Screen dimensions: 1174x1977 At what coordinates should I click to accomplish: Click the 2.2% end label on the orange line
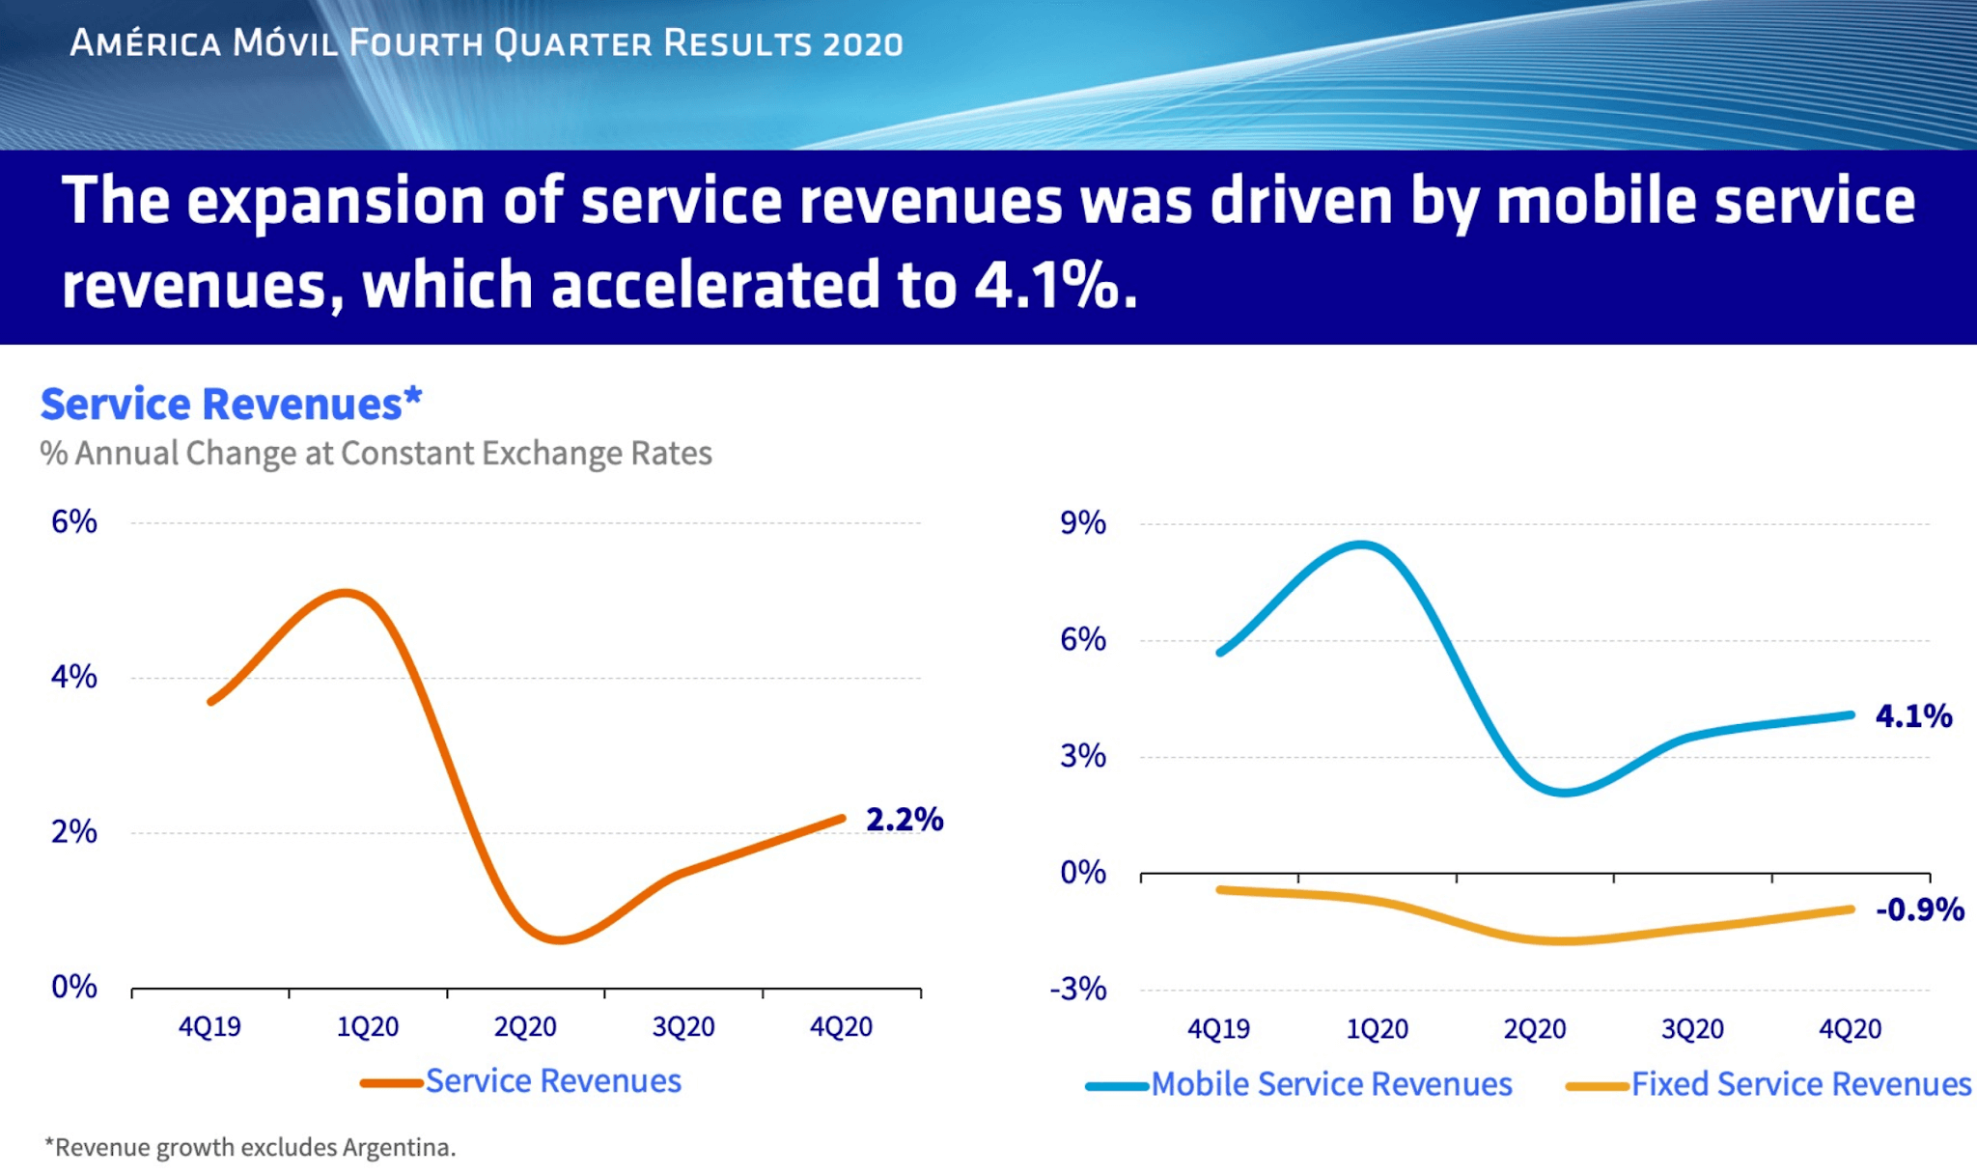[x=904, y=820]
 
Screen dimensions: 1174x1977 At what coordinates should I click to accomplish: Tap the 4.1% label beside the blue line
[x=1912, y=716]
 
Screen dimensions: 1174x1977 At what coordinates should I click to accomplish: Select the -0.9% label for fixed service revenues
[x=1919, y=909]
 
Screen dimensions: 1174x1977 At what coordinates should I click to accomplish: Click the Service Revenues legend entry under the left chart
[x=552, y=1081]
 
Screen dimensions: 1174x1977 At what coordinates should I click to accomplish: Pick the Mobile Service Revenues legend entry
[x=1330, y=1084]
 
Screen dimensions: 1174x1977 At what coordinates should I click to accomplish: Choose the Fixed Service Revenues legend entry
[x=1799, y=1084]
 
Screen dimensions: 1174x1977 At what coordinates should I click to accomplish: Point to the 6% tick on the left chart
[x=74, y=522]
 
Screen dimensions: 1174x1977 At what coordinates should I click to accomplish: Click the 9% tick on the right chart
[x=1082, y=523]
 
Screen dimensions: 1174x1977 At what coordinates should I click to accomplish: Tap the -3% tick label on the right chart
[x=1077, y=990]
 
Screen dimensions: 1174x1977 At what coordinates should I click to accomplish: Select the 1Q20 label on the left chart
[x=367, y=1027]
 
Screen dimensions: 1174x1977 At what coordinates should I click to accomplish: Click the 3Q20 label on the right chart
[x=1691, y=1029]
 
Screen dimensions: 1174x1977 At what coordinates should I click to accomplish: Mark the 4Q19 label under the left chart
[x=209, y=1027]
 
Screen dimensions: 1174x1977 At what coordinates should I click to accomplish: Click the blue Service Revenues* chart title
[x=231, y=404]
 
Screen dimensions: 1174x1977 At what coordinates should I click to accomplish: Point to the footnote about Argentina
[x=250, y=1147]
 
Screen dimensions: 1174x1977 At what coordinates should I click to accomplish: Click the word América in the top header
[x=145, y=43]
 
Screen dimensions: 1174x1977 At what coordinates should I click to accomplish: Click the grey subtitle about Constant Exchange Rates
[x=376, y=453]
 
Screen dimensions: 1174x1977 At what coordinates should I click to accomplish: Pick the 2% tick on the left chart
[x=74, y=832]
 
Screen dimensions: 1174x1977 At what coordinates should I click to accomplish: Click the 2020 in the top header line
[x=863, y=44]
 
